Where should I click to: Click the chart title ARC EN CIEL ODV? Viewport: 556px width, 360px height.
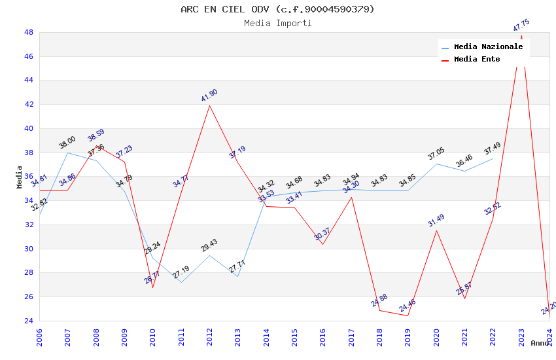coord(277,9)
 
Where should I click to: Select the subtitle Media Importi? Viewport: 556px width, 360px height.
coord(277,24)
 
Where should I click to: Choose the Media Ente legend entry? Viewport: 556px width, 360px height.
coord(477,60)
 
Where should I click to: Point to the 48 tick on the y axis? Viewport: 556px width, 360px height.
coord(29,32)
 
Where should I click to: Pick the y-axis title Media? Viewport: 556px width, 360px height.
coord(19,177)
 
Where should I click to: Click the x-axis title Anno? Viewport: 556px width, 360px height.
coord(540,343)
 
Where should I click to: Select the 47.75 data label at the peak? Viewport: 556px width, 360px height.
coord(521,26)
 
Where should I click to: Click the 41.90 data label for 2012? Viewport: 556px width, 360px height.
coord(209,95)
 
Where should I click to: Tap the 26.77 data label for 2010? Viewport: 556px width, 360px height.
coord(152,278)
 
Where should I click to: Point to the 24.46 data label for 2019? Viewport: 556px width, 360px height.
coord(407,305)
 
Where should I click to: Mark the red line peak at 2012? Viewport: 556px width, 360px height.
coord(210,105)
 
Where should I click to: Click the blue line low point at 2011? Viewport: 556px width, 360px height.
coord(181,282)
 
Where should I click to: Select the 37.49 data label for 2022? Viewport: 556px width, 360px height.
coord(493,149)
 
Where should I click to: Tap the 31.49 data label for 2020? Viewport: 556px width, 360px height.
coord(436,221)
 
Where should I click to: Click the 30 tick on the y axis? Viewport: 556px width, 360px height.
coord(29,249)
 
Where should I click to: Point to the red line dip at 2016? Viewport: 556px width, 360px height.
coord(322,244)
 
